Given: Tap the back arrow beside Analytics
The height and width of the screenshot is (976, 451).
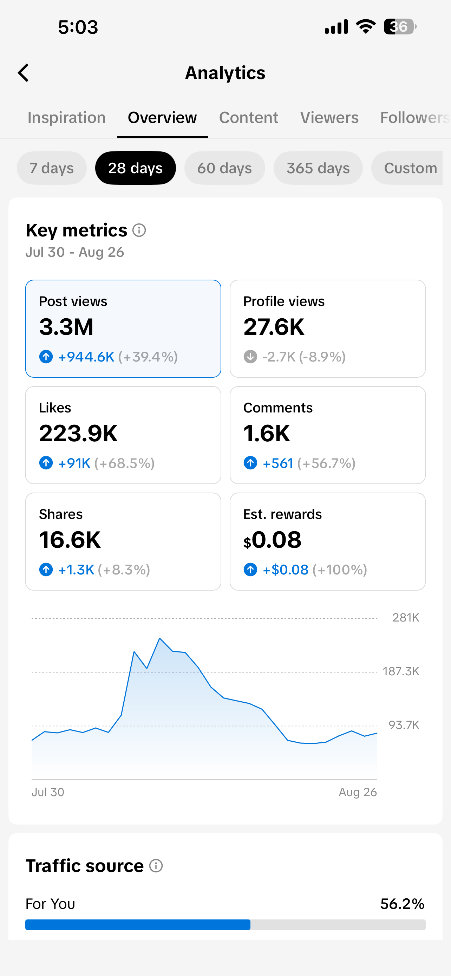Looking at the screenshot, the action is tap(24, 73).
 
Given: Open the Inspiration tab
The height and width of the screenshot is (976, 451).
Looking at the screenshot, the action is tap(67, 117).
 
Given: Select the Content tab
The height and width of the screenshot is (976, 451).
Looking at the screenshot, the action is tap(248, 117).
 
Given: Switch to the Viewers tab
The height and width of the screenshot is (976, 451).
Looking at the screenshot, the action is tap(329, 117).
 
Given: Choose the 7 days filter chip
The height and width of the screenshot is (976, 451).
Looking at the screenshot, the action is tap(52, 168).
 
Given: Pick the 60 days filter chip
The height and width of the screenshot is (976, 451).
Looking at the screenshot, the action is tap(224, 168).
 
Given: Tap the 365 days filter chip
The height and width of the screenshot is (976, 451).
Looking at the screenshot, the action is tap(318, 168).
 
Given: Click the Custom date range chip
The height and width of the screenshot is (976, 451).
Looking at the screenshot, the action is tap(407, 168).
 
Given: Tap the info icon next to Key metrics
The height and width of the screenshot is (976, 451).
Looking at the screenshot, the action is tap(139, 230).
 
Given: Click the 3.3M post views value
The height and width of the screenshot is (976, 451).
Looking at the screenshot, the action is tap(66, 327).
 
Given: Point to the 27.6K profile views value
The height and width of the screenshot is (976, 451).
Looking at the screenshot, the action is tap(274, 327).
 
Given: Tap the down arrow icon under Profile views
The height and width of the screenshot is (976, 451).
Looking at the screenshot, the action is tap(250, 357).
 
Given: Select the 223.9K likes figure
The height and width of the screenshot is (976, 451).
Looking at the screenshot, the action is tap(78, 433).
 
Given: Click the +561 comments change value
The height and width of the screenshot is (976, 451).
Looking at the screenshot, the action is tap(278, 463).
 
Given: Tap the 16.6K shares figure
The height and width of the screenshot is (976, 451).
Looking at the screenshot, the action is tap(70, 540).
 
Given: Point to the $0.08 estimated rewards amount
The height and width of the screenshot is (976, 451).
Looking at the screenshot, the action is tap(273, 540).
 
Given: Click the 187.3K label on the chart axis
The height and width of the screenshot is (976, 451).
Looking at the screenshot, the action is tap(401, 671).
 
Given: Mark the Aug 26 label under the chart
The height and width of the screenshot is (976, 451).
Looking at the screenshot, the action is tap(358, 792).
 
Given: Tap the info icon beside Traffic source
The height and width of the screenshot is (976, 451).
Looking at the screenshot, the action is tap(156, 866).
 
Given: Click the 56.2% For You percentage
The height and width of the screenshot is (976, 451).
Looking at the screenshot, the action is tap(402, 904).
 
